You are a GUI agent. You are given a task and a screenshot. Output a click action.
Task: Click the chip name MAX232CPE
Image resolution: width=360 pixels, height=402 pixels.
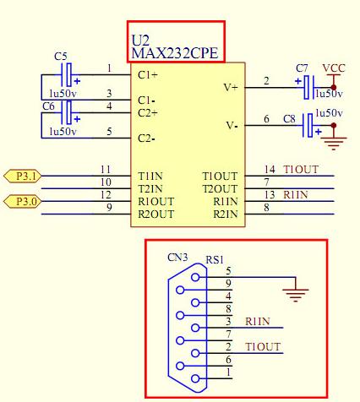click(x=175, y=53)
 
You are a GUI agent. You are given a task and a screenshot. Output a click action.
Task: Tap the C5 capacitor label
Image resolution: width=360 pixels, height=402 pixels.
click(x=61, y=56)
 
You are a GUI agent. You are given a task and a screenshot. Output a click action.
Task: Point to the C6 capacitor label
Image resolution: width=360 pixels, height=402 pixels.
click(x=49, y=106)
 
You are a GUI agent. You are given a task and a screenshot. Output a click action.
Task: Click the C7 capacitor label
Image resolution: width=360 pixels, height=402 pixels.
click(x=302, y=67)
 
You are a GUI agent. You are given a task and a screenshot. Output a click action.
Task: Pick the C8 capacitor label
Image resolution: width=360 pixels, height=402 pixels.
click(x=289, y=119)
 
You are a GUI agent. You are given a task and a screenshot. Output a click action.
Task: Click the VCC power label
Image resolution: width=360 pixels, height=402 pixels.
click(x=334, y=68)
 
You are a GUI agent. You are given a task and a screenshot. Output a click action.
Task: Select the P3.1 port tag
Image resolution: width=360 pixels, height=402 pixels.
click(x=22, y=176)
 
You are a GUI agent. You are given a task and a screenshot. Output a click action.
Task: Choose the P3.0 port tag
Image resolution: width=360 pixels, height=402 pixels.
click(x=22, y=201)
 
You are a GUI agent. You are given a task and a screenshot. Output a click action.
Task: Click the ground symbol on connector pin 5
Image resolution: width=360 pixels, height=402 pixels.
click(x=295, y=295)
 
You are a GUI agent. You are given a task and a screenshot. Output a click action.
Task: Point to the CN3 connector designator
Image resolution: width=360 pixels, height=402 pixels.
click(x=177, y=257)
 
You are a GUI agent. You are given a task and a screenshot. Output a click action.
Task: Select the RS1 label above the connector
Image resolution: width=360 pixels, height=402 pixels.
click(x=215, y=261)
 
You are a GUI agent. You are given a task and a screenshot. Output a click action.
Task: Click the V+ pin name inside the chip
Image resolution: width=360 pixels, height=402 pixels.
click(x=230, y=86)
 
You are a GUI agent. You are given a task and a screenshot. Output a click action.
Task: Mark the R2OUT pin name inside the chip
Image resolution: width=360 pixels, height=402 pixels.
click(x=155, y=215)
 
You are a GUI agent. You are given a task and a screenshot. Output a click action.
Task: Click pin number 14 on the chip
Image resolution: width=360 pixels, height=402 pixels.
click(x=270, y=169)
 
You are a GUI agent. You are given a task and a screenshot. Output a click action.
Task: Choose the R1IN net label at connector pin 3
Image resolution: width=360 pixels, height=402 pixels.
click(x=259, y=321)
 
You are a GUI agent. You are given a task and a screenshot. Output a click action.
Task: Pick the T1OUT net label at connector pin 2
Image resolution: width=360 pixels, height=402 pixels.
click(x=262, y=347)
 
